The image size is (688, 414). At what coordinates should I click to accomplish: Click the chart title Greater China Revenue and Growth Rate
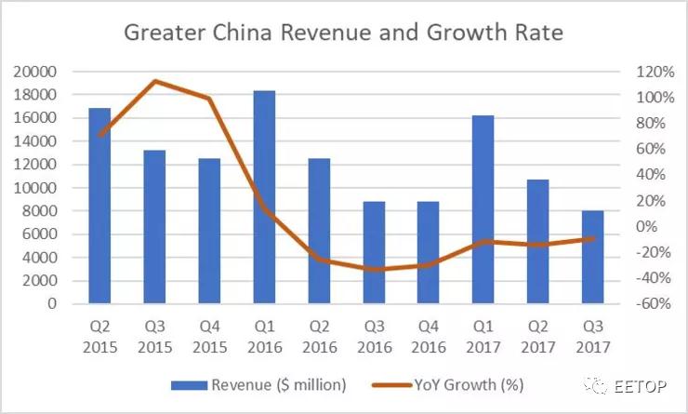[x=343, y=34]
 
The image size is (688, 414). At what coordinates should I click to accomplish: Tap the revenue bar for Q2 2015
[x=99, y=206]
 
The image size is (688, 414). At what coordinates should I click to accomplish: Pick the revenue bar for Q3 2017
[x=593, y=257]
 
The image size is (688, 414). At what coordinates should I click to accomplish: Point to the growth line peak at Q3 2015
[x=154, y=82]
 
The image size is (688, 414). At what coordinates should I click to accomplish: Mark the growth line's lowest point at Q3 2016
[x=374, y=269]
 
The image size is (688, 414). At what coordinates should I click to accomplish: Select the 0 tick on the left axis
[x=52, y=304]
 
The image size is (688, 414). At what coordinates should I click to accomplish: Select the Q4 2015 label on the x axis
[x=209, y=334]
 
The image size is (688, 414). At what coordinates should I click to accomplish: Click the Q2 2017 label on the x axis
[x=538, y=334]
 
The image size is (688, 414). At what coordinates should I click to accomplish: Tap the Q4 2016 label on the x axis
[x=429, y=334]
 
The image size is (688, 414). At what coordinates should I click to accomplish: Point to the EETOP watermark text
[x=641, y=384]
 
